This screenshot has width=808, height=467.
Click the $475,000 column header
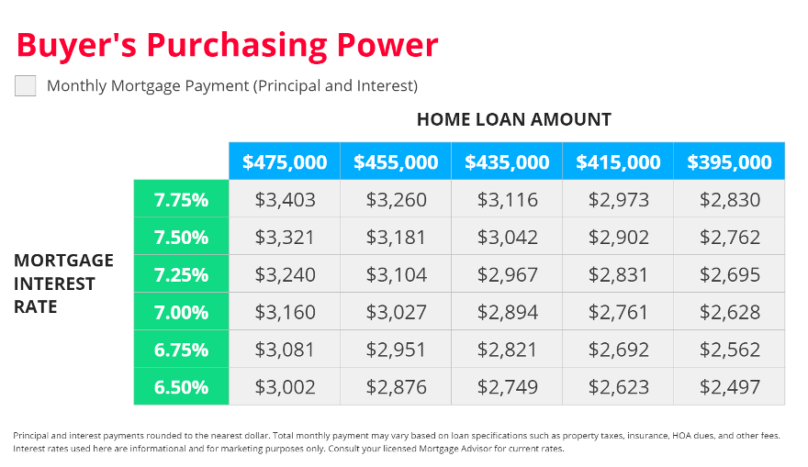(285, 161)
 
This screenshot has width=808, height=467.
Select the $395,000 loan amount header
(729, 161)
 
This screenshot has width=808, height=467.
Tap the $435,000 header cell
(507, 161)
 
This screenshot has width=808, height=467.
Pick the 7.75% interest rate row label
(182, 199)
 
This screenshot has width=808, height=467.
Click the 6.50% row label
(182, 386)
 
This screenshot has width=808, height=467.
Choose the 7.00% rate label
(182, 312)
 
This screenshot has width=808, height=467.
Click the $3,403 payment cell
(285, 199)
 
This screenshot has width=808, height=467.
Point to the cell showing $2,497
(729, 386)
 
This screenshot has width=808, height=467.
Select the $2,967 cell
(507, 274)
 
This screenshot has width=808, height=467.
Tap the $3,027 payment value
(396, 312)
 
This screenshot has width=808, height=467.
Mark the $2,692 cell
(618, 349)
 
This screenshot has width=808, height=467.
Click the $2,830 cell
(729, 199)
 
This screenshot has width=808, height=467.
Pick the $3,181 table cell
(396, 237)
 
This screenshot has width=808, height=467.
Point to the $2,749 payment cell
(507, 386)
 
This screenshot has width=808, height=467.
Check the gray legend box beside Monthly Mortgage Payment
(26, 85)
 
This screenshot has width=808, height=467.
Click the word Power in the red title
(387, 45)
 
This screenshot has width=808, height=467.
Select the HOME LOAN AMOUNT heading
(514, 119)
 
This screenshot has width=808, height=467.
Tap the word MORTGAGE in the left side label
(63, 260)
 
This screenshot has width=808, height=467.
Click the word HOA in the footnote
(680, 436)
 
